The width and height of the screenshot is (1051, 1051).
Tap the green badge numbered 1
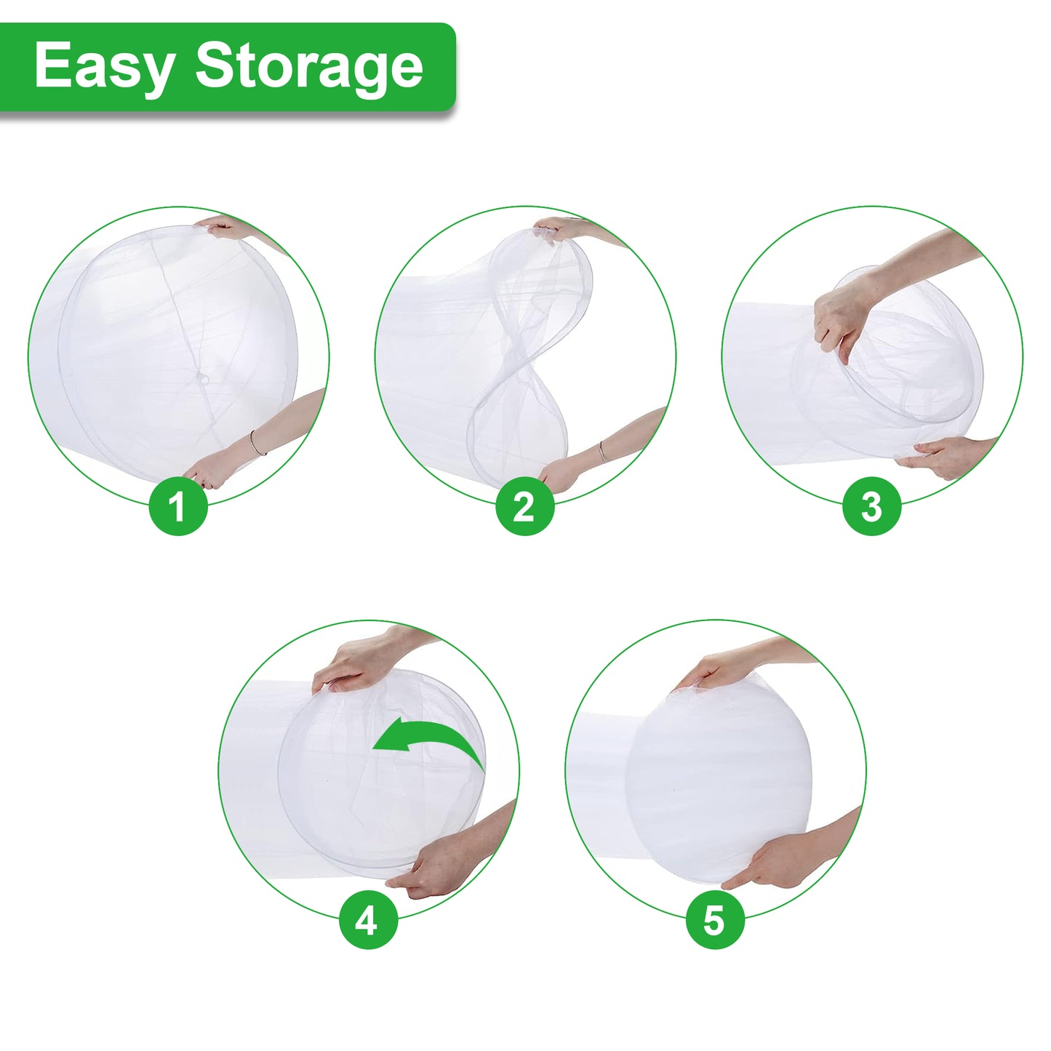coord(178,506)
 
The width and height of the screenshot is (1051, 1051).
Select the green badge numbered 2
coord(524,506)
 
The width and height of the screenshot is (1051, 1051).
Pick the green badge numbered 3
coord(871,506)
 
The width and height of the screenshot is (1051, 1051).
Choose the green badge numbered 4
coord(368,921)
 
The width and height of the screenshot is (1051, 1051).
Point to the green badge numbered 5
coord(714,921)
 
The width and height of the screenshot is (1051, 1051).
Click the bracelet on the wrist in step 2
coord(602,452)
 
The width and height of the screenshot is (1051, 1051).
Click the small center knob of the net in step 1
coord(204,377)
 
